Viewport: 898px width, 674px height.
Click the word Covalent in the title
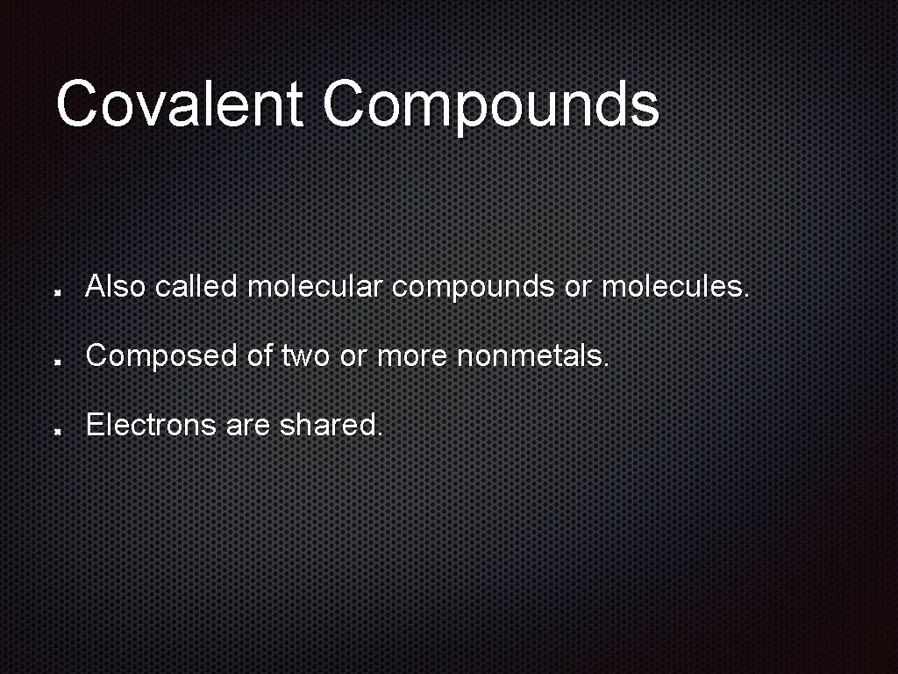179,104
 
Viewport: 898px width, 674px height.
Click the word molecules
675,286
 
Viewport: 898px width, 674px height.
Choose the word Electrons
151,426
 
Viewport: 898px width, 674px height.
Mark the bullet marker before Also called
55,290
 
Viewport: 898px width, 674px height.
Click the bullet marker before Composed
55,360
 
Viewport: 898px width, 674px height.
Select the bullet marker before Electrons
55,430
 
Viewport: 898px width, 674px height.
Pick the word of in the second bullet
260,355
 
